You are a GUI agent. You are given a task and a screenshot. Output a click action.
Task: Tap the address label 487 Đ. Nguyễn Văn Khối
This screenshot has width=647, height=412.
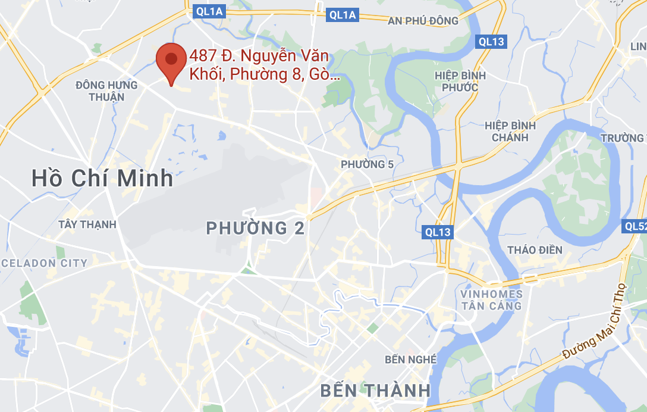pyautogui.click(x=259, y=65)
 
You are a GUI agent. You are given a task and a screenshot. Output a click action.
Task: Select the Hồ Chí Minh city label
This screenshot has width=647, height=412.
pyautogui.click(x=102, y=178)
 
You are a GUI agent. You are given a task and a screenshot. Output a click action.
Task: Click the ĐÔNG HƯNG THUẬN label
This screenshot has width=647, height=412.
pyautogui.click(x=106, y=90)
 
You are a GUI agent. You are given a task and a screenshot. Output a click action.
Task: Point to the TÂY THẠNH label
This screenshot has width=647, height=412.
pyautogui.click(x=87, y=224)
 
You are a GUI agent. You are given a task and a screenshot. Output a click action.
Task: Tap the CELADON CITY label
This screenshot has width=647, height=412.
pyautogui.click(x=44, y=263)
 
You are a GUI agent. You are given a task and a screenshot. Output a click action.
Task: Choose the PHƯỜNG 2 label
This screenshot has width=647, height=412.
pyautogui.click(x=255, y=228)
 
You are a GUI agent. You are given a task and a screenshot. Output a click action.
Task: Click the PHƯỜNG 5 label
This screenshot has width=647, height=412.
pyautogui.click(x=367, y=164)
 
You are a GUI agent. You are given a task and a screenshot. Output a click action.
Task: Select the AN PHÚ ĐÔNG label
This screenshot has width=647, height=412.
pyautogui.click(x=423, y=21)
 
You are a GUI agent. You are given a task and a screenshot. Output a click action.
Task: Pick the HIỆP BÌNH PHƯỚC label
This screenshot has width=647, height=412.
pyautogui.click(x=460, y=82)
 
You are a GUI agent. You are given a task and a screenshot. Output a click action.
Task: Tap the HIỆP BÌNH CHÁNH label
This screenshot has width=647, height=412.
pyautogui.click(x=510, y=132)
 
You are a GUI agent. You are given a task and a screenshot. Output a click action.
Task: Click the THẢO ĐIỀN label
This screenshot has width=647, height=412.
pyautogui.click(x=535, y=249)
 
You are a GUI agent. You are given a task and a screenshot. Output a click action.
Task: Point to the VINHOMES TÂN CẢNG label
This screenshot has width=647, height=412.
pyautogui.click(x=491, y=300)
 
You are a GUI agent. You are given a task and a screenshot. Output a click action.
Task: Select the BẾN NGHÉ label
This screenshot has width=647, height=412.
pyautogui.click(x=410, y=359)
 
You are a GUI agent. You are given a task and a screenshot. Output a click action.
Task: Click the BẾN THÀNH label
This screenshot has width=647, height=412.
pyautogui.click(x=375, y=391)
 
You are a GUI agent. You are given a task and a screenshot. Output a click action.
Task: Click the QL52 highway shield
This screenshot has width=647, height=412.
pyautogui.click(x=635, y=226)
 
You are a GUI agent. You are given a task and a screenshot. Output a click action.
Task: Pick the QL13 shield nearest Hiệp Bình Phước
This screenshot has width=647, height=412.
pyautogui.click(x=491, y=41)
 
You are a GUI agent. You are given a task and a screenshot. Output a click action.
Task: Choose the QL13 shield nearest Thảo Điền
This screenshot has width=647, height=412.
pyautogui.click(x=438, y=232)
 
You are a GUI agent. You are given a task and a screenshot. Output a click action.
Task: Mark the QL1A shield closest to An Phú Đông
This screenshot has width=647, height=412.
pyautogui.click(x=343, y=15)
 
